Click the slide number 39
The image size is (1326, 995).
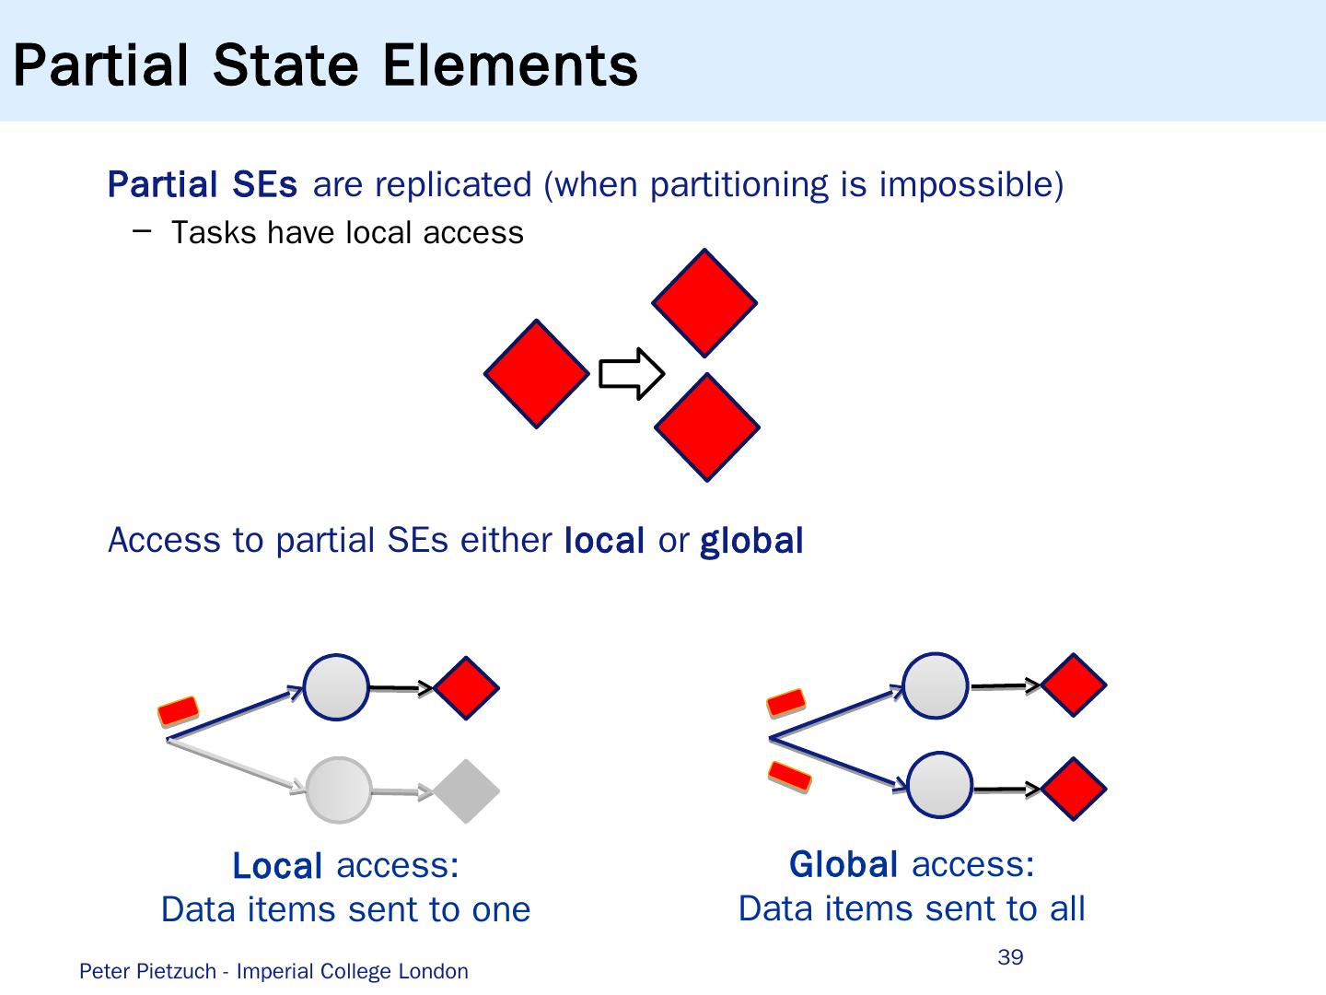[1010, 957]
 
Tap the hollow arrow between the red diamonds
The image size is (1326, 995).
[632, 374]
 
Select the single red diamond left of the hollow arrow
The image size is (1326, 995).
[537, 373]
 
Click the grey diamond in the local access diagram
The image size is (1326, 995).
[467, 790]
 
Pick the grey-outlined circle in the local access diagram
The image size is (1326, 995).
[338, 790]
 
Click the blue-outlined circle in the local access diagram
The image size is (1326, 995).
[336, 687]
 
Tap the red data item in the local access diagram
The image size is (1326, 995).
[178, 710]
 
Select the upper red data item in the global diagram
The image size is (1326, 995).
[786, 703]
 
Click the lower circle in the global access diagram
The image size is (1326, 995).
[939, 786]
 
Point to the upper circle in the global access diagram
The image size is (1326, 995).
[936, 685]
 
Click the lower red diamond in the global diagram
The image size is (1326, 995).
[1074, 789]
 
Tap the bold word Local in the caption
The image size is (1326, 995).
[277, 866]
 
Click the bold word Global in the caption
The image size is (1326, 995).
[843, 864]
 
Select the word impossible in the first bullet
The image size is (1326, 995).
[971, 184]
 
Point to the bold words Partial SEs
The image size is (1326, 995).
[203, 184]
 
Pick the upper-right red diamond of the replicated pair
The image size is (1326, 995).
[704, 302]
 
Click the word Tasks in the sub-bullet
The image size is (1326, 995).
[214, 232]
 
